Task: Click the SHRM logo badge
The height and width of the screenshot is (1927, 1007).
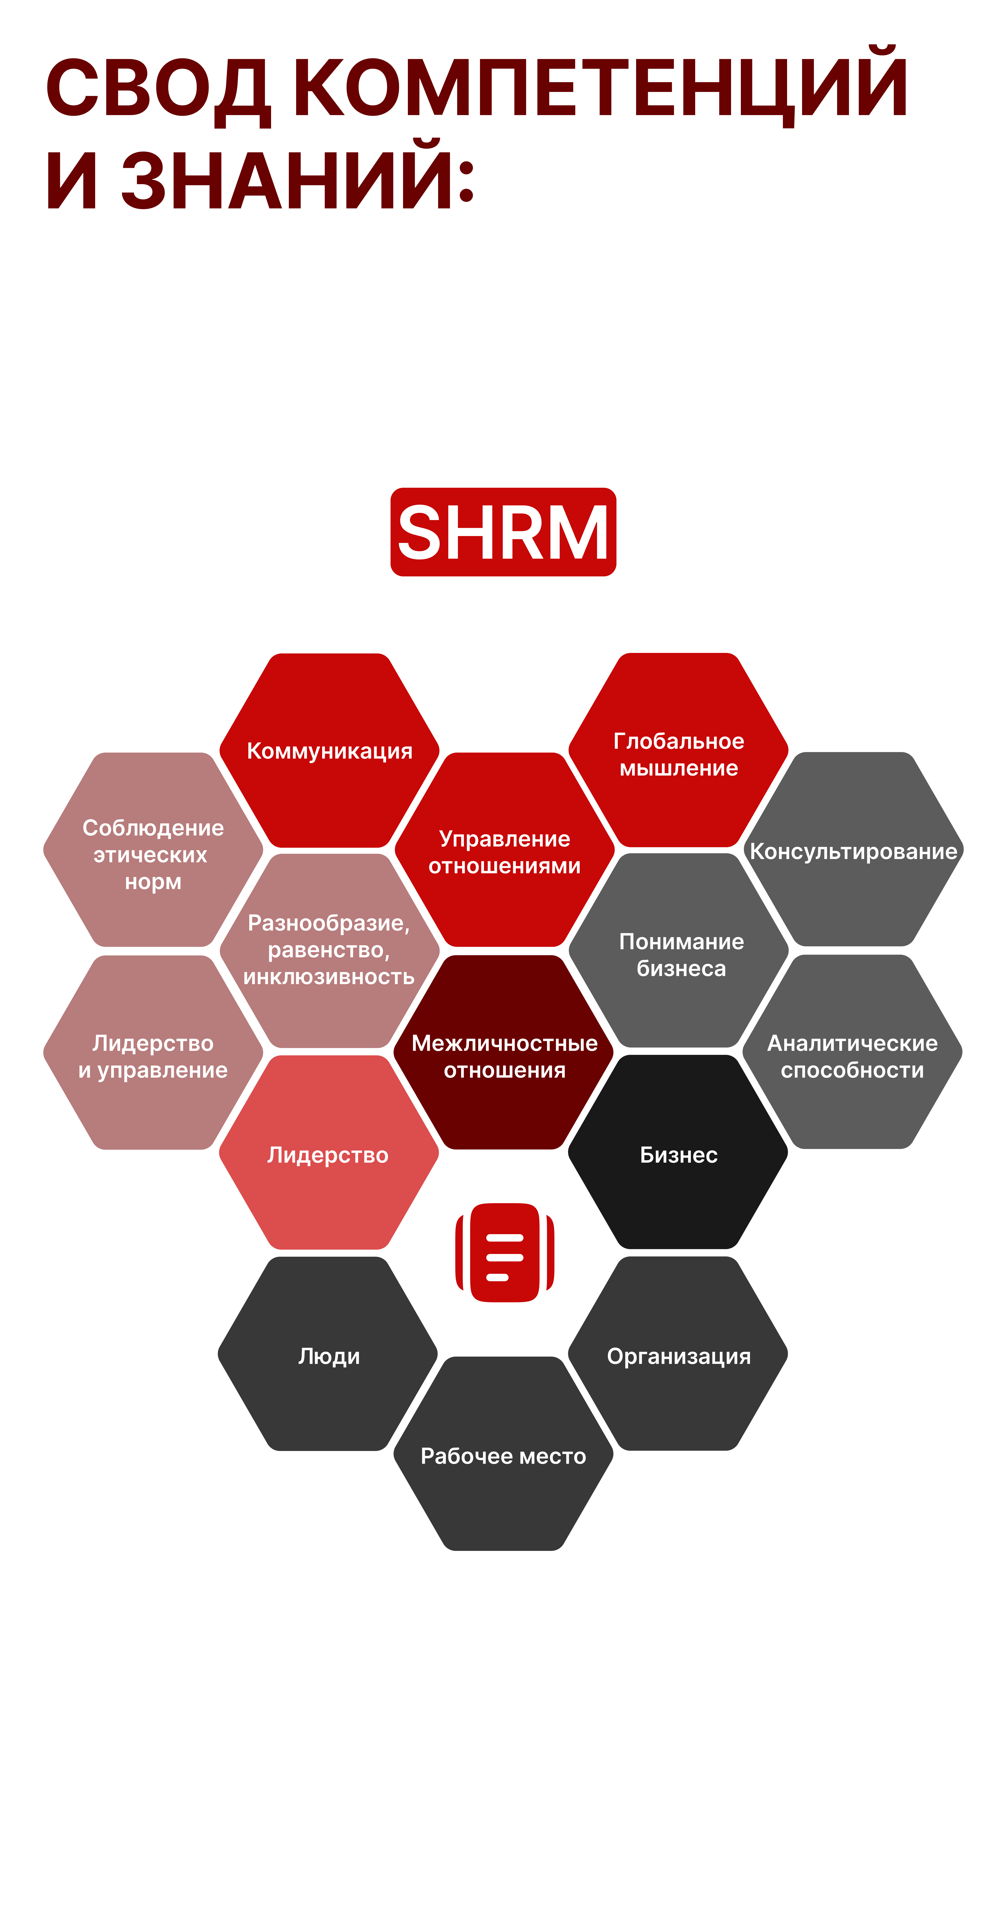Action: tap(503, 532)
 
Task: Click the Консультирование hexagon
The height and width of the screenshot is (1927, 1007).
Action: tap(853, 851)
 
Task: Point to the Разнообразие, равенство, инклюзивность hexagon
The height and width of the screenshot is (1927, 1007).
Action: tap(329, 950)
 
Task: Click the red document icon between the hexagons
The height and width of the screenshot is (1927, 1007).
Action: tap(505, 1253)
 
